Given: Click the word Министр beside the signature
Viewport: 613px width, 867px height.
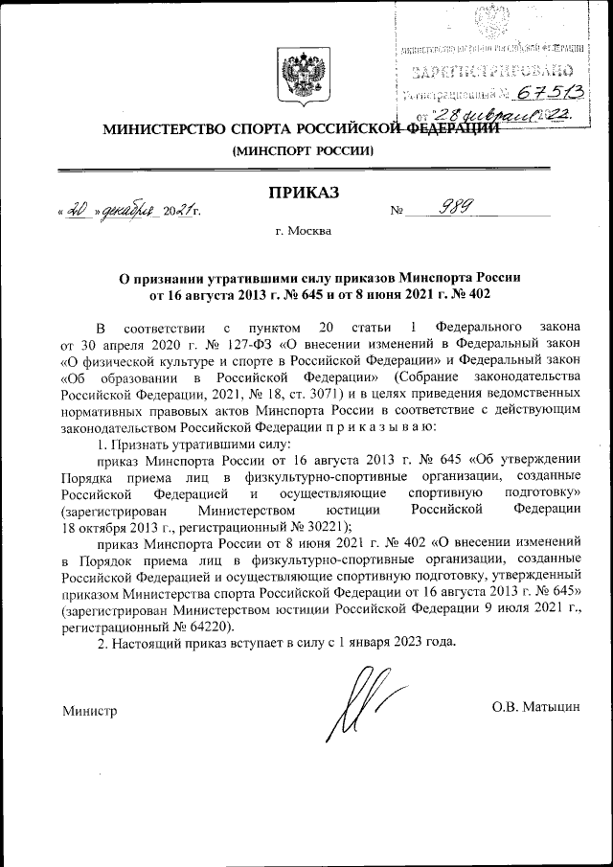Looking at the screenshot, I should point(89,712).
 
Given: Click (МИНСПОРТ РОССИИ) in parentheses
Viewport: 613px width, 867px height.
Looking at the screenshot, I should point(304,151).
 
